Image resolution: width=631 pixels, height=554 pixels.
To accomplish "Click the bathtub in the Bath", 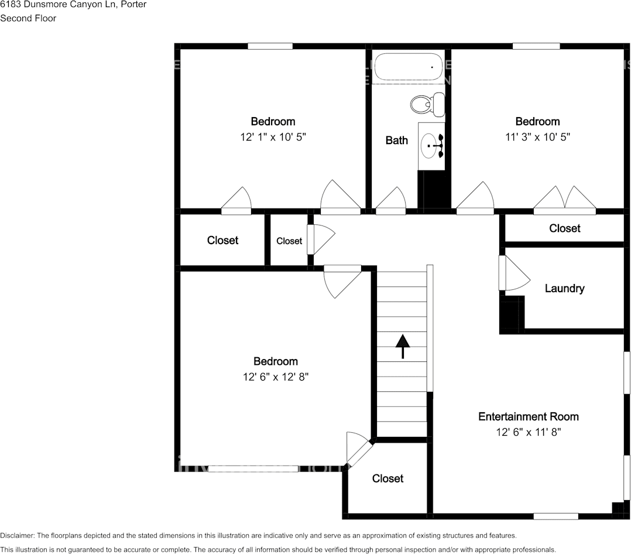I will tap(409, 67).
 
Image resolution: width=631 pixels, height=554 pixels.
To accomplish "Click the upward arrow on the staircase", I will tap(402, 346).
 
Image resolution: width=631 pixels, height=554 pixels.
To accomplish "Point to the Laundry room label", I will tap(564, 288).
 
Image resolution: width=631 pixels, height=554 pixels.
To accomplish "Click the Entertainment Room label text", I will tap(528, 416).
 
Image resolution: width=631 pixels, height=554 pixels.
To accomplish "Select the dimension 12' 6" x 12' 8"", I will tap(276, 377).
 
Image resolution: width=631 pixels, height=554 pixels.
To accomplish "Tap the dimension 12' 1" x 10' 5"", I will tap(273, 137).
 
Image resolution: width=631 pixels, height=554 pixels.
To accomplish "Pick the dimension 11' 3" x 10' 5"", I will tap(537, 137).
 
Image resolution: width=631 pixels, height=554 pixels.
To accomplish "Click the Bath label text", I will tap(396, 140).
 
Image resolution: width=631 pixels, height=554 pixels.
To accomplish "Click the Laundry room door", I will tap(512, 273).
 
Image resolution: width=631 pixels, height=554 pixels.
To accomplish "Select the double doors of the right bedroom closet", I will tap(564, 199).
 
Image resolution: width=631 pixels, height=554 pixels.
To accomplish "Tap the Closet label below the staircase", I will tap(387, 478).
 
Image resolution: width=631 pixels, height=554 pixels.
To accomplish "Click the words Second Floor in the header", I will tap(28, 18).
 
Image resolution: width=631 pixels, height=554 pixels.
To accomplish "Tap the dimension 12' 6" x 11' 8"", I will tap(529, 432).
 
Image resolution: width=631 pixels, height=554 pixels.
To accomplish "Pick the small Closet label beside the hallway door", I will tap(289, 241).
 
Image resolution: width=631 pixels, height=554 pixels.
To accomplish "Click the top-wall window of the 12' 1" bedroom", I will tap(270, 46).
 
